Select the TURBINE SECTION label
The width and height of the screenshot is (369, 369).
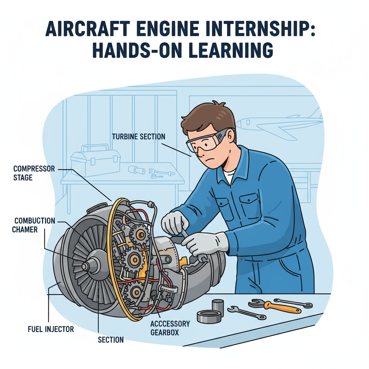point(138,137)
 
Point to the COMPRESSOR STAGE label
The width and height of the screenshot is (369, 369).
point(34,173)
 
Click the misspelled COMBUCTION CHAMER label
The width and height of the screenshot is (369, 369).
point(34,225)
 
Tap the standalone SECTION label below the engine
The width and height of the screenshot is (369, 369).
point(111,339)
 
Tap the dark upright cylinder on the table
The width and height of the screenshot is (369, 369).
point(218,307)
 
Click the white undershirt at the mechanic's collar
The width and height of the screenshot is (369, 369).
point(228,177)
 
